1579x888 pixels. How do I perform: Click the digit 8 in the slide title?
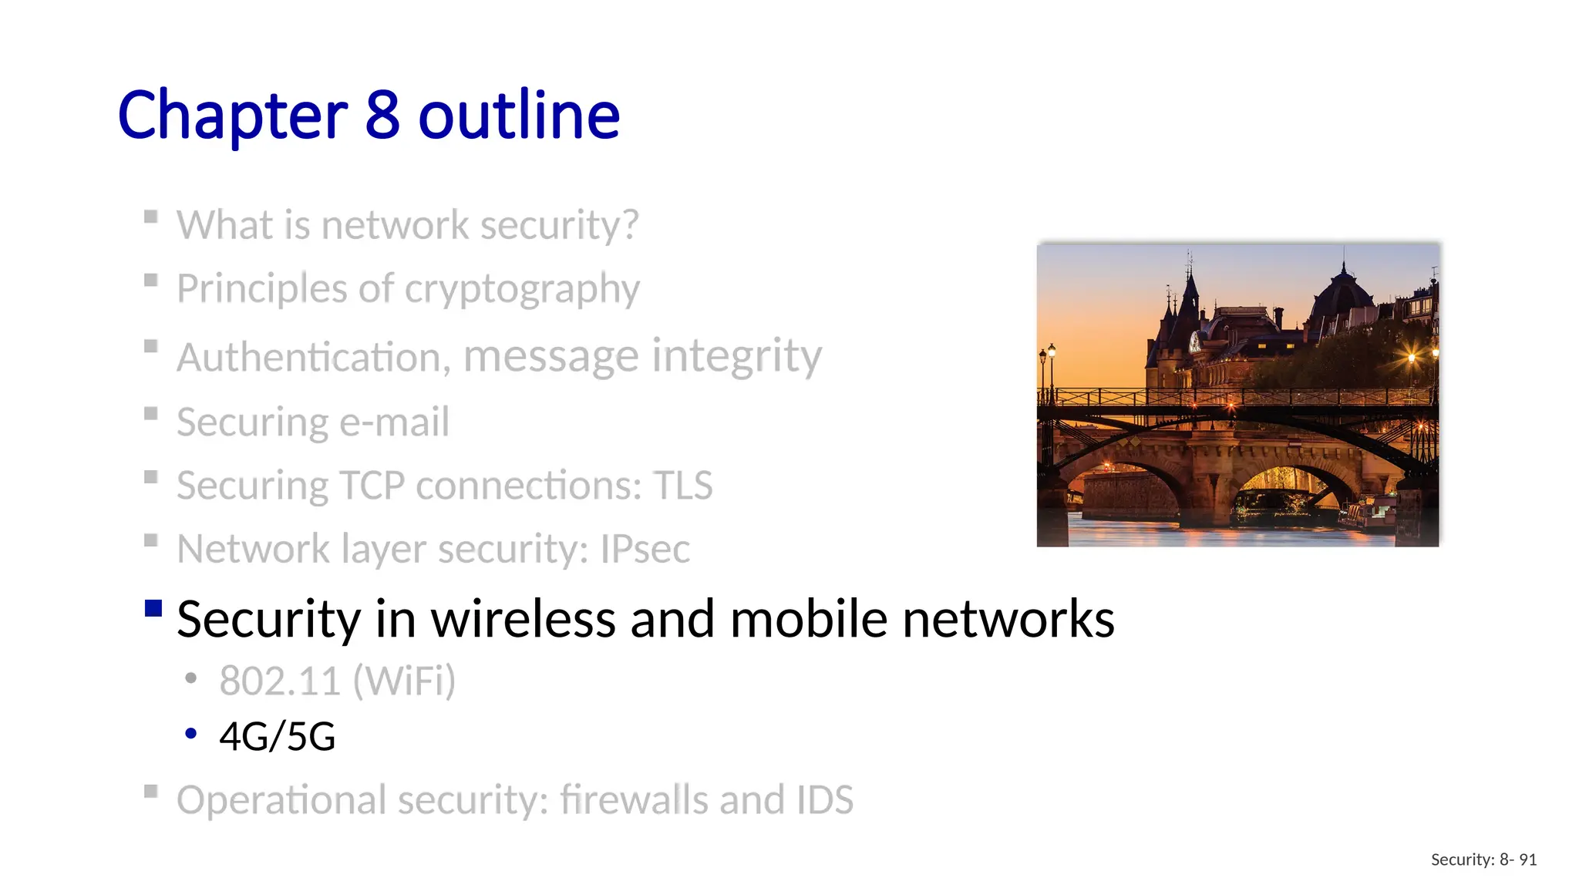[382, 116]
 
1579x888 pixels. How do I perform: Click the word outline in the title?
[519, 116]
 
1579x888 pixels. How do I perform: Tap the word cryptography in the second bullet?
[522, 290]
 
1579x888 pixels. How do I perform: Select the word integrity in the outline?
[736, 356]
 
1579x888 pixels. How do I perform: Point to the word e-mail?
[394, 422]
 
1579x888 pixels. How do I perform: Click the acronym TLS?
[683, 486]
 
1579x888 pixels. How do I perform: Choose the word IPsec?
[645, 550]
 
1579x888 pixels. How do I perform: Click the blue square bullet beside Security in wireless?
[153, 609]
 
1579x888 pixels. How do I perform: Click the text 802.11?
[279, 681]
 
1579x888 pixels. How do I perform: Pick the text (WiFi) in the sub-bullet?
[404, 681]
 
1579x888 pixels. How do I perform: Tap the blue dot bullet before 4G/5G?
[190, 734]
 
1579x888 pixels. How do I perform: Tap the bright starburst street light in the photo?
[1412, 358]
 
